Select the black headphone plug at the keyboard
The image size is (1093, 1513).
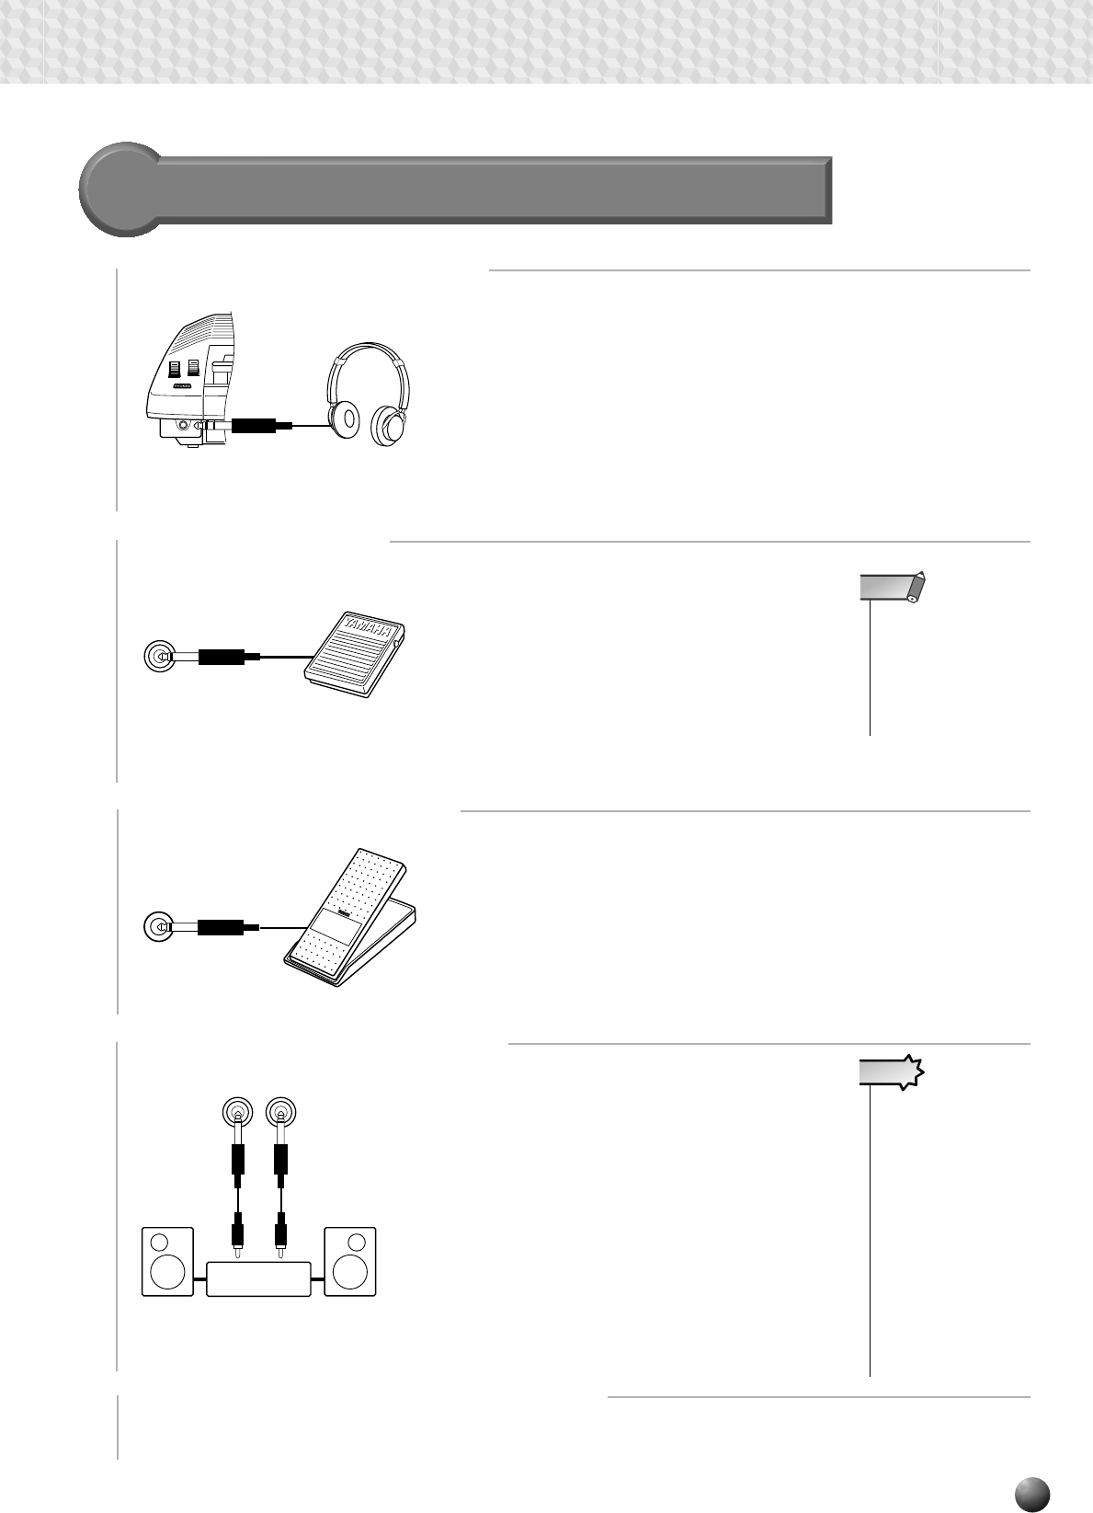pyautogui.click(x=254, y=426)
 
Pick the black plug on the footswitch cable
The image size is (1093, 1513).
pyautogui.click(x=222, y=657)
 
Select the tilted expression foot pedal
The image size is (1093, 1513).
pyautogui.click(x=349, y=920)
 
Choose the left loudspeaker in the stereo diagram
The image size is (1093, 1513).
pyautogui.click(x=167, y=1261)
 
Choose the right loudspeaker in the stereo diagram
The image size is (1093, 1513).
pyautogui.click(x=349, y=1261)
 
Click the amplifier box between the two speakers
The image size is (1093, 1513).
pyautogui.click(x=258, y=1278)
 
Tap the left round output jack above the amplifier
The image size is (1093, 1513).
pyautogui.click(x=238, y=1113)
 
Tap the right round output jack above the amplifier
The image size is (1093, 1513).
pyautogui.click(x=280, y=1113)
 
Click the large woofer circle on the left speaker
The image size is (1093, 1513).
pyautogui.click(x=167, y=1273)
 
